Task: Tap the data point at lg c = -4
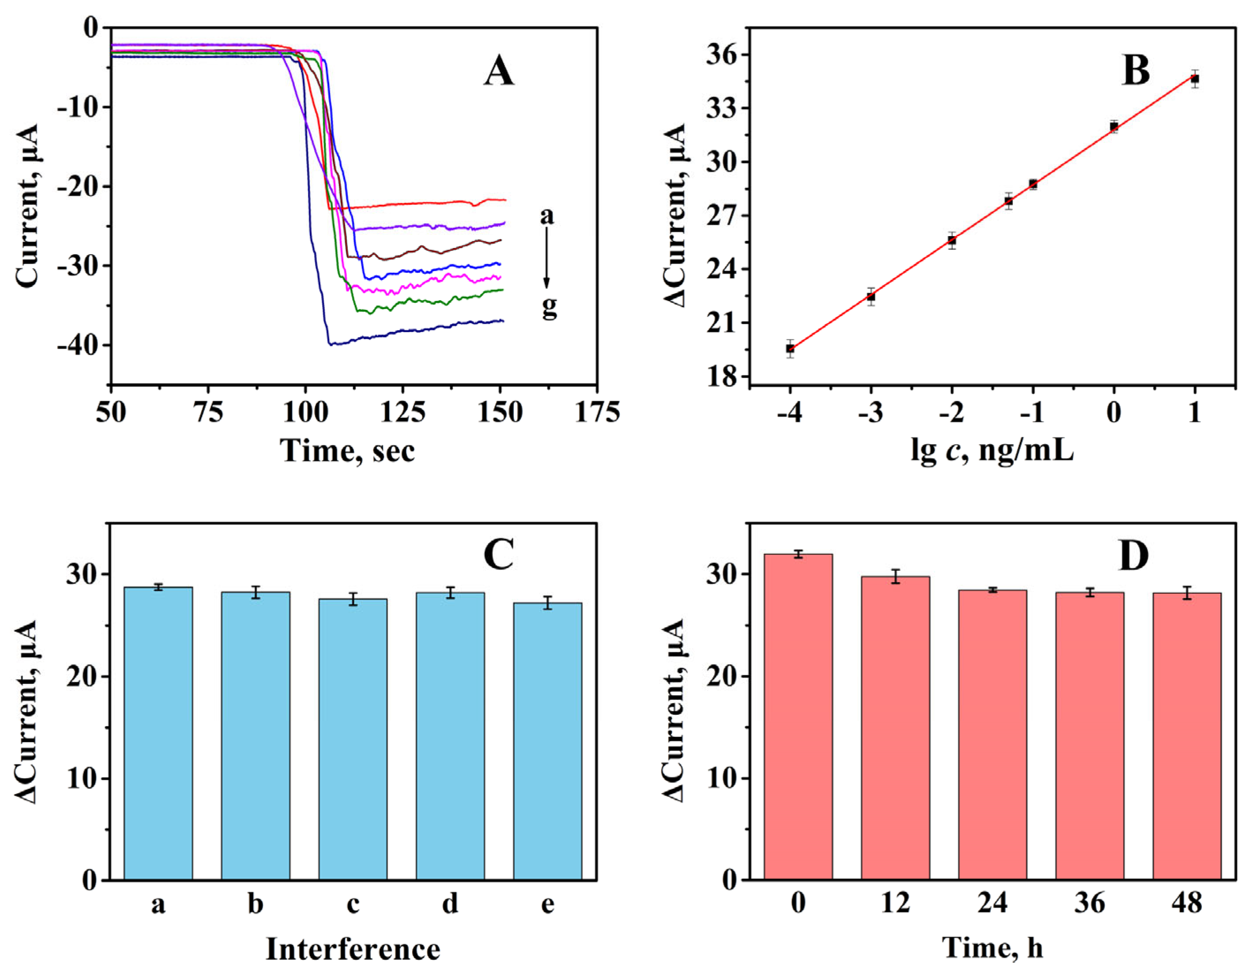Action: tap(790, 348)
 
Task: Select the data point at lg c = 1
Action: tap(1194, 79)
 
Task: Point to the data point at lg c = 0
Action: tap(1114, 127)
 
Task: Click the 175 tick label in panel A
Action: tap(597, 412)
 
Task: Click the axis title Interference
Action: tap(352, 950)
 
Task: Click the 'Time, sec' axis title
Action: tap(347, 450)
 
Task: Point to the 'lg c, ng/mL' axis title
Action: tap(992, 451)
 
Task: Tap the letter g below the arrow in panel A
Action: tap(549, 308)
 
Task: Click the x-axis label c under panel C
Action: tap(353, 905)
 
